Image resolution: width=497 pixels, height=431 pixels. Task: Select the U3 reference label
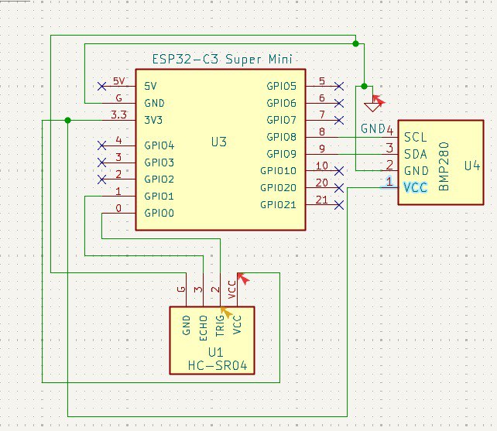219,142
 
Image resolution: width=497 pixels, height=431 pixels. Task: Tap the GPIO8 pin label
282,137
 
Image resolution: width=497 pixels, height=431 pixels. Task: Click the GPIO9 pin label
282,153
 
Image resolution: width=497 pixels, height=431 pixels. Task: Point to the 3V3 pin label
154,120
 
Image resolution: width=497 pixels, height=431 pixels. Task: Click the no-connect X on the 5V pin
101,85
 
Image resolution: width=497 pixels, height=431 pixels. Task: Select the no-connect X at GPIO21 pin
338,204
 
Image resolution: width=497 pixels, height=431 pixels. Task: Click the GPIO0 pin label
159,213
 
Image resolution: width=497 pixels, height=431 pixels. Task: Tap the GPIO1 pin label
159,197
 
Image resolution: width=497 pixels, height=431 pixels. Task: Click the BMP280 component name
444,171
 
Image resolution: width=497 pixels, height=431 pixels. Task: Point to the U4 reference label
472,165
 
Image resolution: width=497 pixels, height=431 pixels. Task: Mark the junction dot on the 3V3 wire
68,120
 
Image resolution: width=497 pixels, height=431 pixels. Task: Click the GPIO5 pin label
282,86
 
